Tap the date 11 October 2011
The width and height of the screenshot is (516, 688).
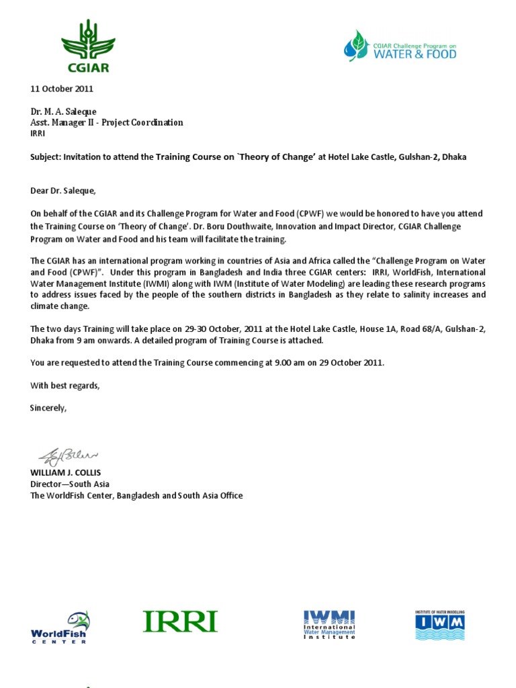pos(62,89)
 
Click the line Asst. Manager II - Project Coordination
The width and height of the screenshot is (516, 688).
pos(107,122)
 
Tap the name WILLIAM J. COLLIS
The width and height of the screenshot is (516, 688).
pos(66,472)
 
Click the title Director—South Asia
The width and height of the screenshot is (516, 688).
pos(70,484)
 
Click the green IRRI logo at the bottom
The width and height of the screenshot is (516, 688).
pos(180,621)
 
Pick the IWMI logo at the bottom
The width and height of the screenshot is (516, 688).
pos(329,624)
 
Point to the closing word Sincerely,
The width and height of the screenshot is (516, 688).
pos(48,408)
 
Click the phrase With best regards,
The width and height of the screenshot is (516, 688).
pos(65,386)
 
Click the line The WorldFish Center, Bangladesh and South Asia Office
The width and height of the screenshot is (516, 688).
pos(136,495)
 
